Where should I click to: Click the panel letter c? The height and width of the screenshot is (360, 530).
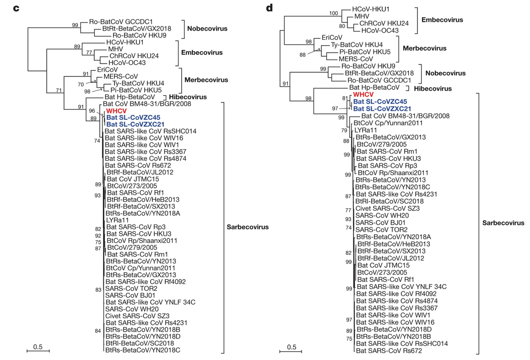tap(16, 8)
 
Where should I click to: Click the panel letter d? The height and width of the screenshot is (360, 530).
tap(270, 7)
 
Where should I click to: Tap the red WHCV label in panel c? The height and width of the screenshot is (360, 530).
tap(116, 111)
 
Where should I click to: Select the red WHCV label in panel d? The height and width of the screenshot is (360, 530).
tap(363, 94)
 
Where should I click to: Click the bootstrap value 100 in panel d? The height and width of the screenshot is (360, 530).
tap(334, 13)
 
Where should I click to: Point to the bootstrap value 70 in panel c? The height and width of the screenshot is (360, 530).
tap(81, 85)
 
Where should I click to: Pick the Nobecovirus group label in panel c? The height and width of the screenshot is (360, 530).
tap(207, 29)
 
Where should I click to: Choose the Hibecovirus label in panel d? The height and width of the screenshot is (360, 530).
tap(433, 88)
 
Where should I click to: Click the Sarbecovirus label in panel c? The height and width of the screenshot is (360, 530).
tap(248, 227)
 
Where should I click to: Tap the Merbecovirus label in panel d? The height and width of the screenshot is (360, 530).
tap(425, 48)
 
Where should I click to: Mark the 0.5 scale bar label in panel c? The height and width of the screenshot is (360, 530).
tap(38, 347)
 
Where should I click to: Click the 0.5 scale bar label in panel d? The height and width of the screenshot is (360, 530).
tap(292, 347)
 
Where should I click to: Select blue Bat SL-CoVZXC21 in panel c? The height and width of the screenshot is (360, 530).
tap(135, 124)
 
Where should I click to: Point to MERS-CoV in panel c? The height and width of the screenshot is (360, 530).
tap(121, 76)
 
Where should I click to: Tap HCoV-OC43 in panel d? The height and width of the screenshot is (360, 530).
tap(380, 30)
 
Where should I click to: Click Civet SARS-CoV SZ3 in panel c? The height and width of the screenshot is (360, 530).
tap(137, 316)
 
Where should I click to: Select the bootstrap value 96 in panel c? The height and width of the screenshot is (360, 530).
tap(92, 111)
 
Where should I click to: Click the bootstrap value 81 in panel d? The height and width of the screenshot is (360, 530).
tap(345, 98)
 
